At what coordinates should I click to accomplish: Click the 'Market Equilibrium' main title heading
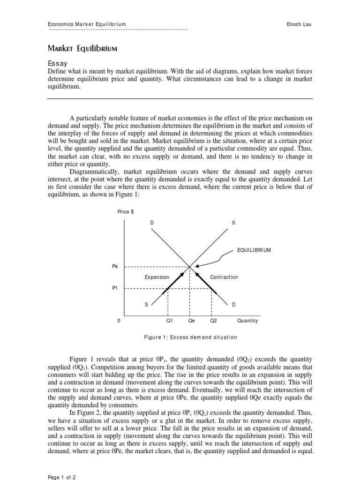82,48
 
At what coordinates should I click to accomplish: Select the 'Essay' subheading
58,63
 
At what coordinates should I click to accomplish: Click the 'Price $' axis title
126,212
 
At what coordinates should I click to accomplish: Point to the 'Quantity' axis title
247,321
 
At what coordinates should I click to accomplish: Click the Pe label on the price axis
115,266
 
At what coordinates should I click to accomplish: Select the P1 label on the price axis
115,288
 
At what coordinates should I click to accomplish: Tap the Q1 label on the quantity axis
170,321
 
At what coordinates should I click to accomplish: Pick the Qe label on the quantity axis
191,321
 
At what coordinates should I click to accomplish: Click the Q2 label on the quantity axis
213,321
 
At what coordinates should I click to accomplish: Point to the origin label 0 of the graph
119,321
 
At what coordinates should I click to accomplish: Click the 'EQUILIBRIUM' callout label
254,250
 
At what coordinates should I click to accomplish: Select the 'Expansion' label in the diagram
157,277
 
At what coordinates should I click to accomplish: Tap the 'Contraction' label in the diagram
224,277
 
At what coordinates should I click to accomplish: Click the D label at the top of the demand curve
152,223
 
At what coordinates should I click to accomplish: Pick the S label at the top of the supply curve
233,223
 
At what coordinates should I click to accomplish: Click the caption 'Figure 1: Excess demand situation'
190,337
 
